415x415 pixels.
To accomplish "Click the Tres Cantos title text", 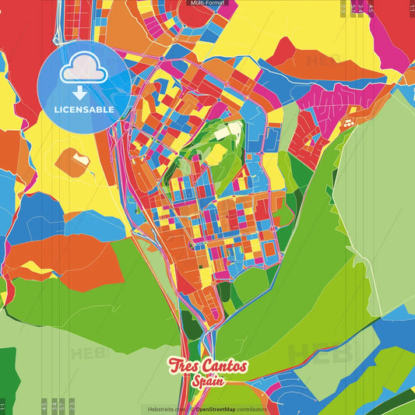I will pos(208,366).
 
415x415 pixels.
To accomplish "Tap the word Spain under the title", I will pos(208,382).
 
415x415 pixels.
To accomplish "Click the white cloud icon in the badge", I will pos(83,72).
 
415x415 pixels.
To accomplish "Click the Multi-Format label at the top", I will pos(207,3).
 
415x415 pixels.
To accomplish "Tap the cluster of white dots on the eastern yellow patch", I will pos(348,122).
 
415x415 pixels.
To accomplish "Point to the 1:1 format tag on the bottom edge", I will pos(3,406).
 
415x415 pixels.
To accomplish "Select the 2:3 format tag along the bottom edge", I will pos(72,406).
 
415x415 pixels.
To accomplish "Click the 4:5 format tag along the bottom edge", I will pos(44,406).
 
